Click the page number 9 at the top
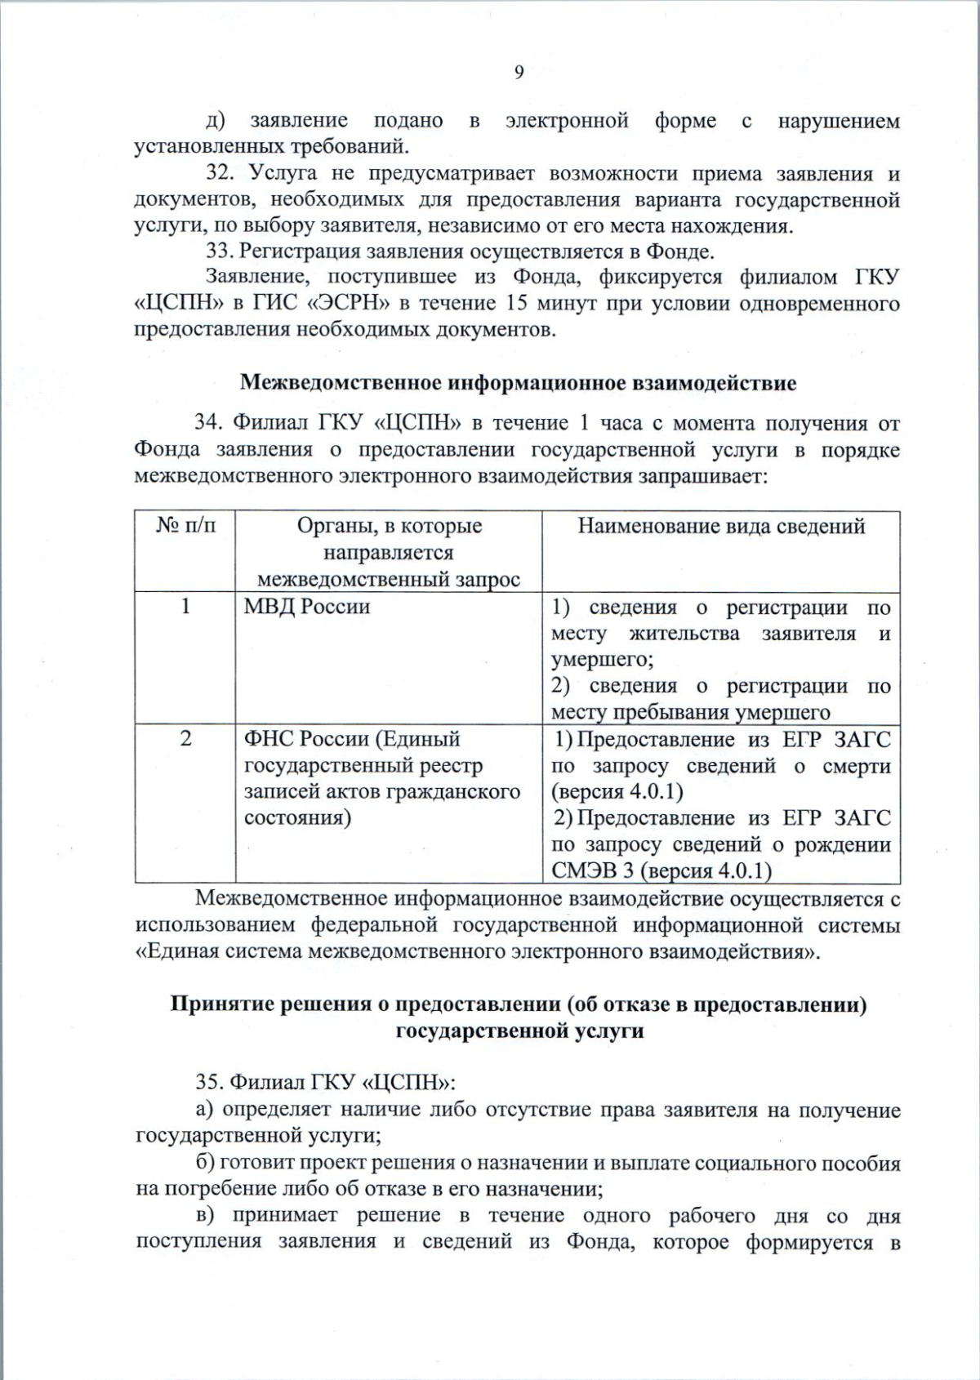tap(519, 73)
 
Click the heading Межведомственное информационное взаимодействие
tap(518, 382)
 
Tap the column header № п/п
tap(185, 526)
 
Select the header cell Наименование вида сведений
tap(721, 526)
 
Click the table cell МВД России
tap(306, 607)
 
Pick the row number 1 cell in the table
tap(185, 607)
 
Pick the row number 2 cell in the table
tap(185, 738)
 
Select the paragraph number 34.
tap(208, 423)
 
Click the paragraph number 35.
tap(208, 1082)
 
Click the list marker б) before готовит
tap(205, 1163)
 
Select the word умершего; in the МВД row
tap(602, 659)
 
